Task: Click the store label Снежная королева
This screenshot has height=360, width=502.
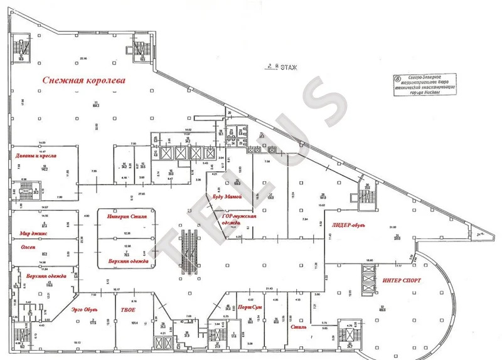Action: coord(84,81)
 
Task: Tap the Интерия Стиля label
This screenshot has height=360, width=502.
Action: coord(126,218)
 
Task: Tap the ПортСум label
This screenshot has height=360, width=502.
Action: coord(250,307)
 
